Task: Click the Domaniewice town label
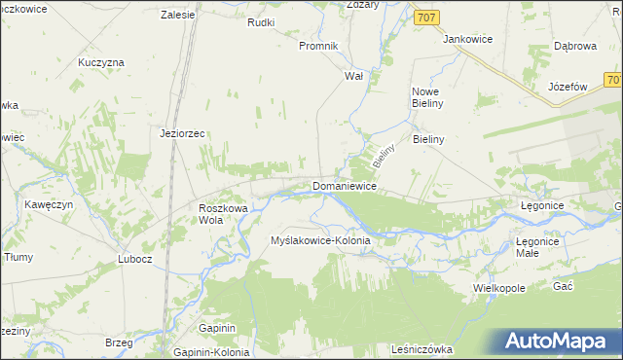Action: tap(344, 185)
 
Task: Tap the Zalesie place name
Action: tap(178, 16)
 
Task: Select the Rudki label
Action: tap(262, 22)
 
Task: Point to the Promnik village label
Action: tap(317, 46)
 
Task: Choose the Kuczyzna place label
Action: tap(101, 62)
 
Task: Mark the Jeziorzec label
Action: tap(182, 134)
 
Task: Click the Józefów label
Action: tap(569, 86)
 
